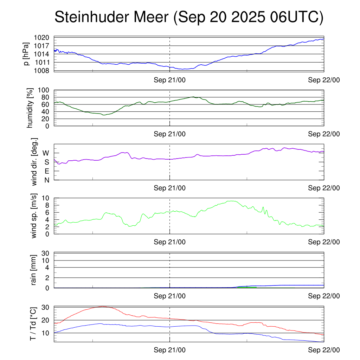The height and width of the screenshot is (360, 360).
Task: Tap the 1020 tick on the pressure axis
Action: coord(44,38)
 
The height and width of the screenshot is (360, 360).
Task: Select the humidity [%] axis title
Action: coord(30,108)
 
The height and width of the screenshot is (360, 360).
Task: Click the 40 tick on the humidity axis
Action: coord(47,111)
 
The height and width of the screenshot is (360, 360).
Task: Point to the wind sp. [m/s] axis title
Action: coord(34,216)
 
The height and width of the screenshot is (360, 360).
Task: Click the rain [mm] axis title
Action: coord(34,270)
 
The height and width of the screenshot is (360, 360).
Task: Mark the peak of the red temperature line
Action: coord(101,307)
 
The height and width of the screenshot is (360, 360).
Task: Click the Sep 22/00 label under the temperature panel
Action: coord(324,350)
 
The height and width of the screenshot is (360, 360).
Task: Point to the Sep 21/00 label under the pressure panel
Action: coord(170,80)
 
